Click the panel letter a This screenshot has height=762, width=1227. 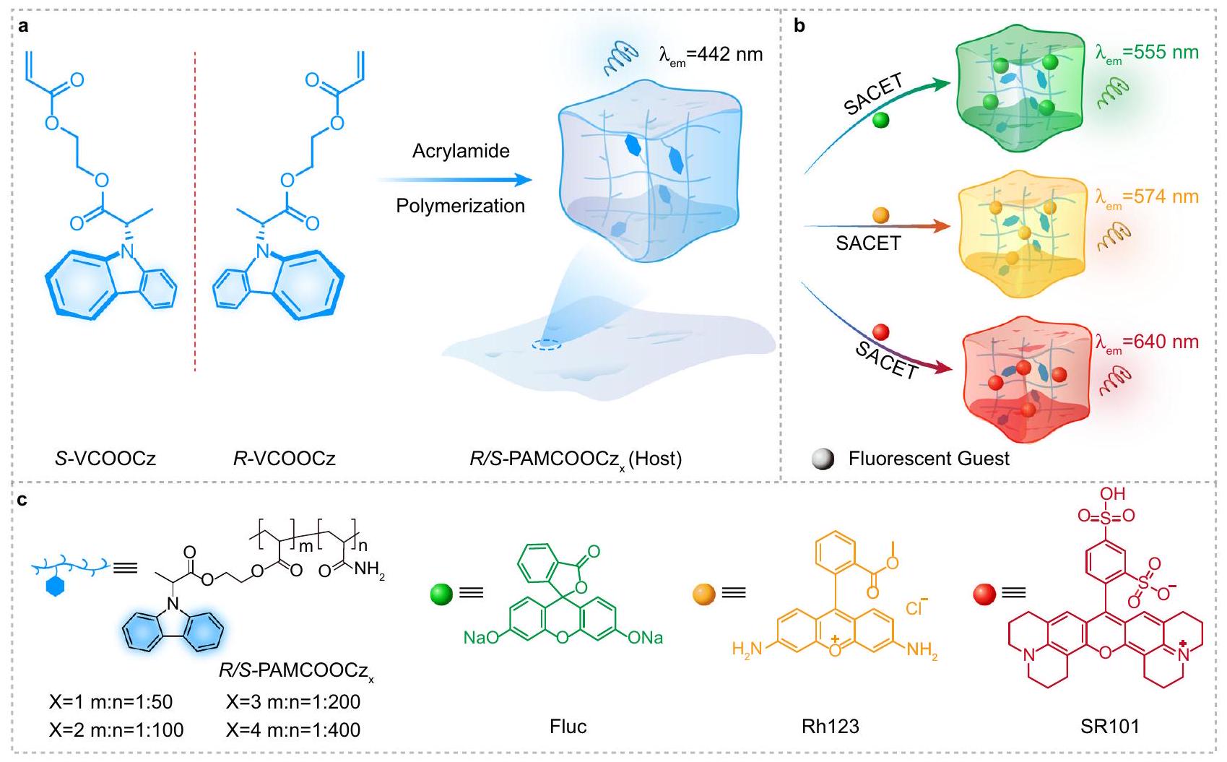pos(24,27)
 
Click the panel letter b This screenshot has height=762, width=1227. pos(799,27)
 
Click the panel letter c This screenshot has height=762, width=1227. pos(23,498)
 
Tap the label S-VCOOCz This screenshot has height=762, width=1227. pos(105,458)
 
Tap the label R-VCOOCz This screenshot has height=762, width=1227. pos(284,458)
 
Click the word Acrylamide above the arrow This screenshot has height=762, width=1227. pos(461,151)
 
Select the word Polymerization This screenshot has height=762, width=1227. pos(460,206)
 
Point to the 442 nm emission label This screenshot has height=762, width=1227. pos(711,55)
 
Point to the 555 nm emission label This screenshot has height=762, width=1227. pos(1147,53)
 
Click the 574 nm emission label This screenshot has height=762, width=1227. pos(1147,197)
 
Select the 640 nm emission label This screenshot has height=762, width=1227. pos(1147,342)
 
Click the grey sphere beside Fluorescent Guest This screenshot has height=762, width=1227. pos(823,459)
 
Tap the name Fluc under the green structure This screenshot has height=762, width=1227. pos(568,726)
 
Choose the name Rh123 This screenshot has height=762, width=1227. pos(831,726)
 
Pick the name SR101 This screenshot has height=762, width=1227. pos(1109,726)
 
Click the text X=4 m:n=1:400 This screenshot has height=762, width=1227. pos(293,730)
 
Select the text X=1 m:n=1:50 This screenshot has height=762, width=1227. pos(111,702)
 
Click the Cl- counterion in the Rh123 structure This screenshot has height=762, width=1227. pos(916,607)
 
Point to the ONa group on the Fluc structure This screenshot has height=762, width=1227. pos(645,638)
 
